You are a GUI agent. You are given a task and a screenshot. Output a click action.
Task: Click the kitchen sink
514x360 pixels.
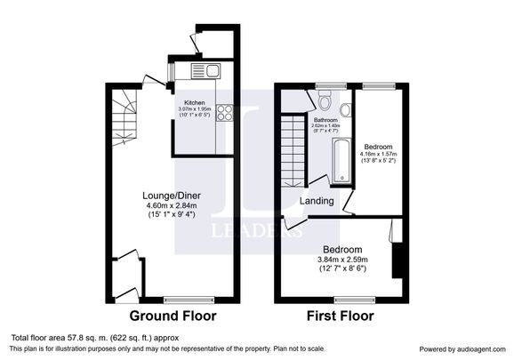coord(210,70)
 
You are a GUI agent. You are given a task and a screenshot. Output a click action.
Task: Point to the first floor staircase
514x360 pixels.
coord(293,147)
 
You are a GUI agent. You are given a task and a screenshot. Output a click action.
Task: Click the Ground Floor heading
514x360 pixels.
coord(173,316)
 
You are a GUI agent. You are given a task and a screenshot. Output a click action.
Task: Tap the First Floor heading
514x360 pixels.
coord(341,316)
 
